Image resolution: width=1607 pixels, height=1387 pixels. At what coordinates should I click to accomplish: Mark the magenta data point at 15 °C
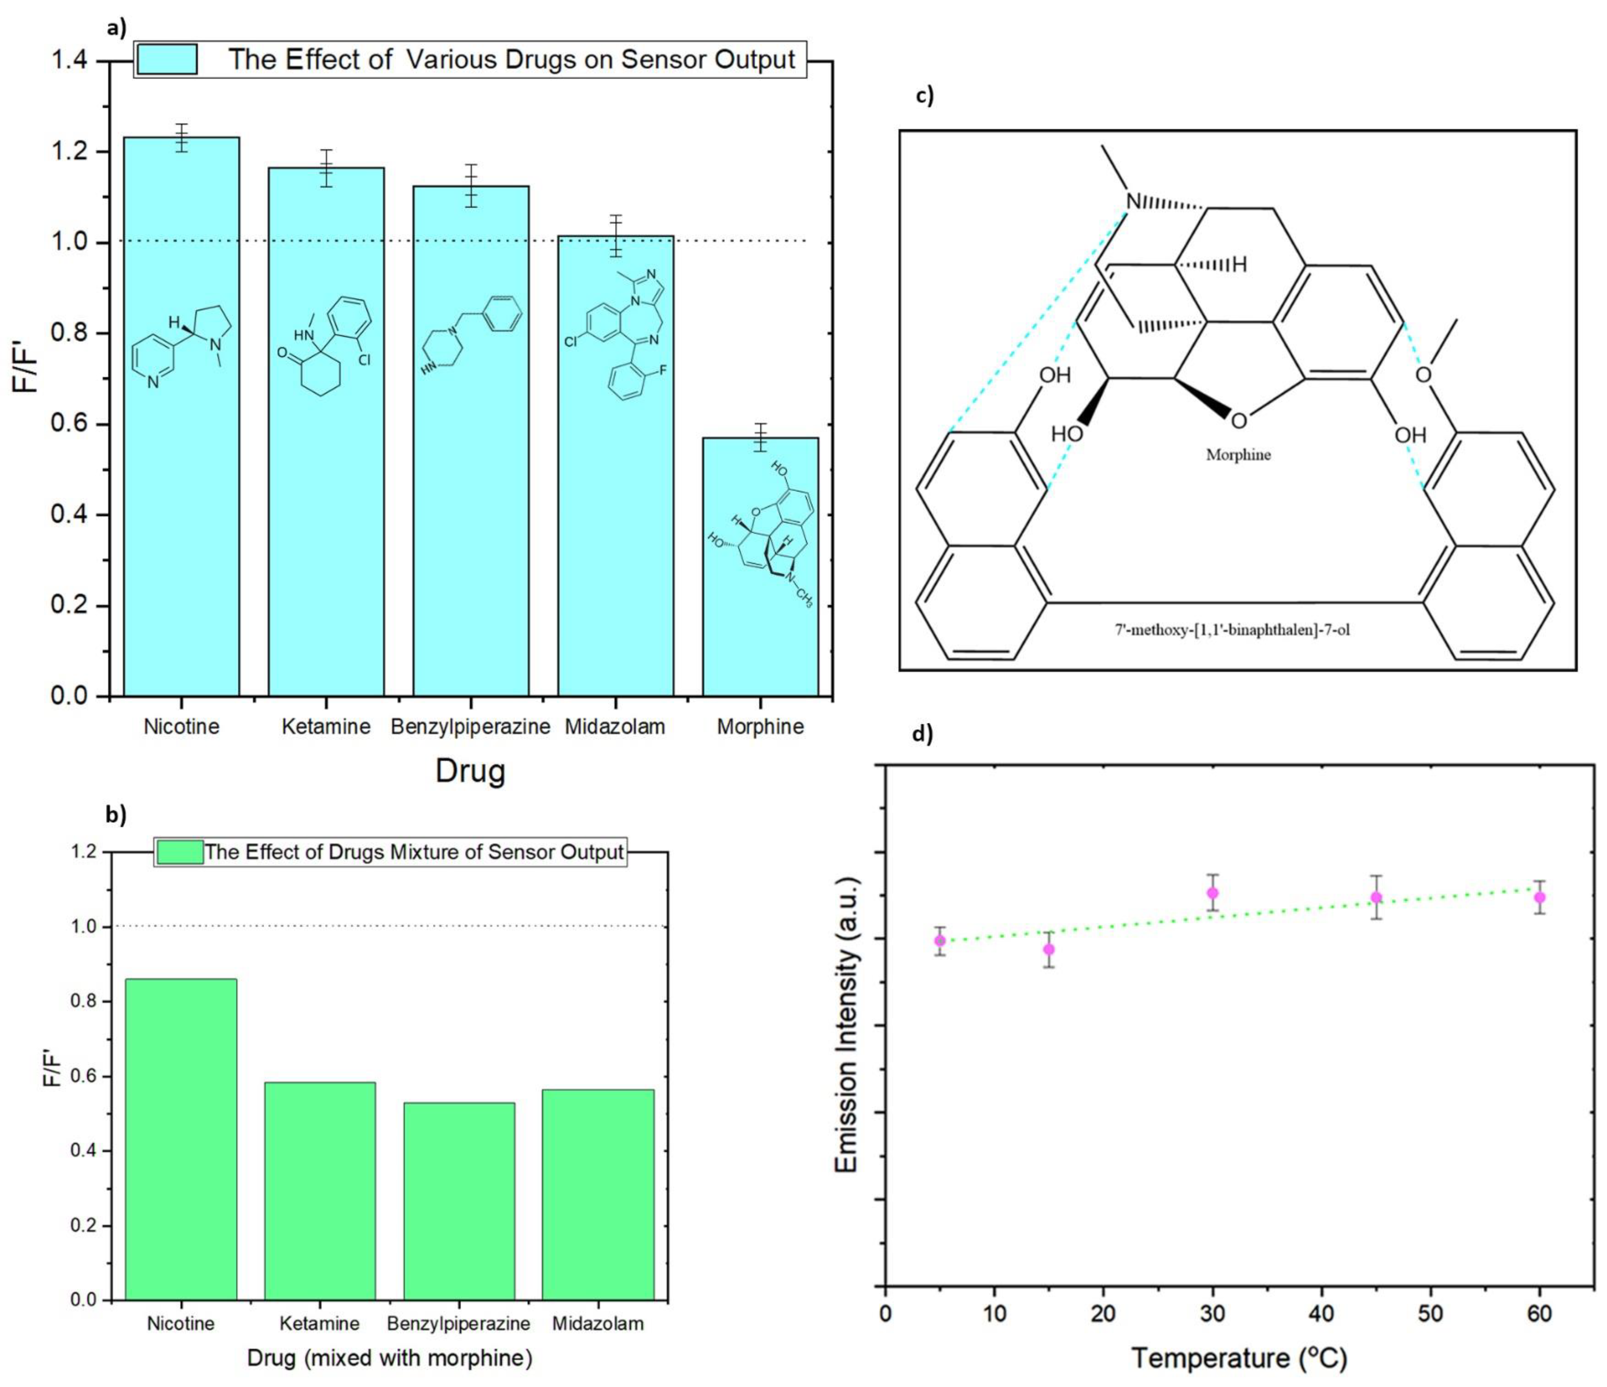(1049, 950)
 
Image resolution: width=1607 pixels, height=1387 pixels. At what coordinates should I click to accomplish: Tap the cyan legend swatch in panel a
(166, 59)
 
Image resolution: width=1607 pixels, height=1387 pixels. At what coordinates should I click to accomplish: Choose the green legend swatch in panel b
(180, 852)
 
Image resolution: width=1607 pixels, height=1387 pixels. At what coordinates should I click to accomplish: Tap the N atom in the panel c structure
(1133, 202)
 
